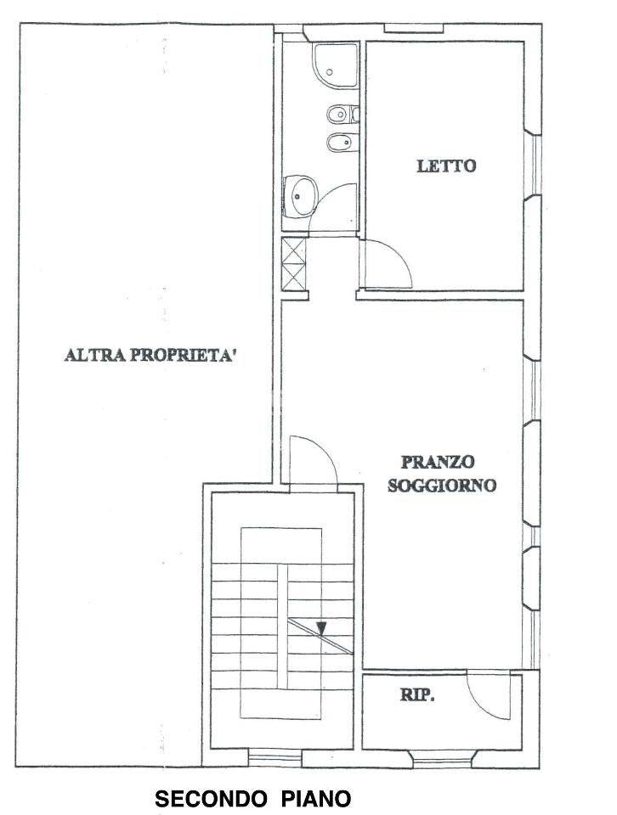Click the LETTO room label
[445, 166]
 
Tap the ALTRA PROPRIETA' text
[150, 355]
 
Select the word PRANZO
[439, 463]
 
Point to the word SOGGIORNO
[441, 486]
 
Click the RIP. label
[417, 696]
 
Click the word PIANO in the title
[316, 799]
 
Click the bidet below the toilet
[340, 141]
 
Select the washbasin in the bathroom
[300, 197]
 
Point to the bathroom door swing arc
[334, 207]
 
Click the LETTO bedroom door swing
[388, 263]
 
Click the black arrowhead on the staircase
[321, 628]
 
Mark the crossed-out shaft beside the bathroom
[294, 263]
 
